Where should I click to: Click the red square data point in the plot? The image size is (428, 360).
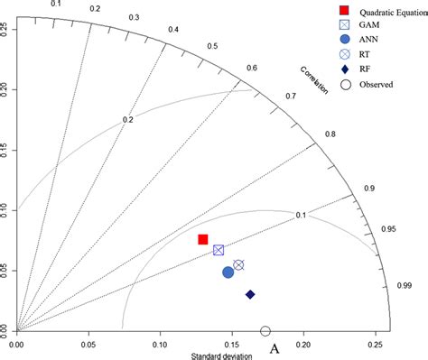pyautogui.click(x=203, y=239)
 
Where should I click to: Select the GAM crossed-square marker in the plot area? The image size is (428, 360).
pyautogui.click(x=219, y=250)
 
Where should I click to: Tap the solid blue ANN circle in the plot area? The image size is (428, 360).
pyautogui.click(x=228, y=272)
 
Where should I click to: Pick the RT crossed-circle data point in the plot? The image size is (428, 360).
pyautogui.click(x=238, y=264)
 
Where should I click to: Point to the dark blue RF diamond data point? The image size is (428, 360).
pyautogui.click(x=250, y=294)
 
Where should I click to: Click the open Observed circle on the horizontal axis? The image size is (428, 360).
pyautogui.click(x=265, y=331)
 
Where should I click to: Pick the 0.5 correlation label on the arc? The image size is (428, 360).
pyautogui.click(x=212, y=46)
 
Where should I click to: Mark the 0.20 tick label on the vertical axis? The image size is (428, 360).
pyautogui.click(x=5, y=88)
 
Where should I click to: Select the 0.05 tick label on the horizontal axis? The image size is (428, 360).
pyautogui.click(x=88, y=344)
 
